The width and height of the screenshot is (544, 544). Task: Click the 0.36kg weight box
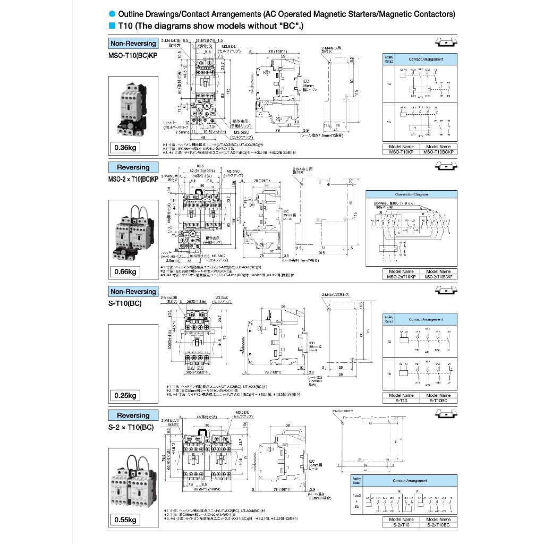coord(126,148)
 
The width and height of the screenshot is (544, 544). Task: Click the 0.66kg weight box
coord(126,272)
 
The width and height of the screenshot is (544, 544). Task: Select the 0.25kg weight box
coord(126,395)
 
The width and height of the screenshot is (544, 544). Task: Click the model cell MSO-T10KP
coord(401,152)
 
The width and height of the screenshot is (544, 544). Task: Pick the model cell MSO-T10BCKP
coord(438,152)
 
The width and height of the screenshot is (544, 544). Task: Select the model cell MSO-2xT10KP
coord(401,277)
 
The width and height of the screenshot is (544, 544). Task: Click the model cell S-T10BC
coord(438,400)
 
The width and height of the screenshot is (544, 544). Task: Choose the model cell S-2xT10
coord(401,524)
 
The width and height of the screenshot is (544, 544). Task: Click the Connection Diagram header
coord(412,194)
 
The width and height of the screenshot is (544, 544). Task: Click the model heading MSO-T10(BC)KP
coord(133,55)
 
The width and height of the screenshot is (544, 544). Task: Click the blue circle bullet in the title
coord(112,14)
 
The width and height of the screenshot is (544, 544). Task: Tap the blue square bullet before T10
coord(112,25)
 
